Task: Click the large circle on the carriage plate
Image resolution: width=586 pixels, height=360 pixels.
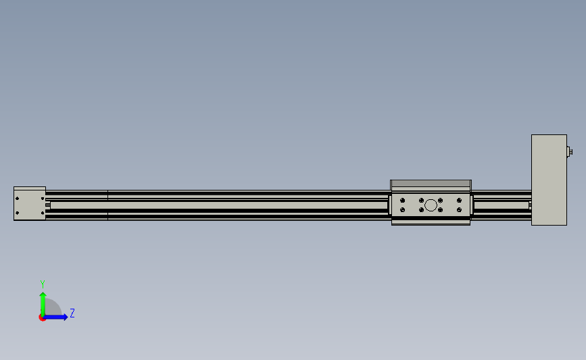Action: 431,205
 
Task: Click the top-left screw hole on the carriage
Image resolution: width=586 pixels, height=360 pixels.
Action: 403,201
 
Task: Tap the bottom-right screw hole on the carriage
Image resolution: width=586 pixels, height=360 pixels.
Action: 460,210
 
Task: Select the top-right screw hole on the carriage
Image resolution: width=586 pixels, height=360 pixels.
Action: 460,201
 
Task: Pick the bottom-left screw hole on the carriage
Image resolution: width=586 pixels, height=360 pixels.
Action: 403,210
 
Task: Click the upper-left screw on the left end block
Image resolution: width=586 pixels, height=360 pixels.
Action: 17,199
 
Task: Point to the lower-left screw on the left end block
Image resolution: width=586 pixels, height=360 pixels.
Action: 17,213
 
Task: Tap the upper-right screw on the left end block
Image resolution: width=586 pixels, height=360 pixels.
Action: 43,199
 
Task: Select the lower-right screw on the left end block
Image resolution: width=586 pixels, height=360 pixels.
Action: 43,213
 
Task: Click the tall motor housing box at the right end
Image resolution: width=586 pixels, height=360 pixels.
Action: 549,180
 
